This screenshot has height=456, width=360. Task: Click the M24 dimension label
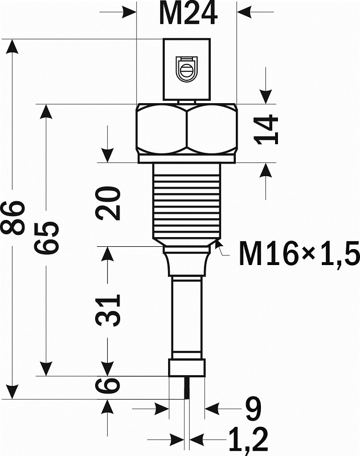click(x=189, y=14)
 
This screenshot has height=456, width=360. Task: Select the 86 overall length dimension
click(x=12, y=218)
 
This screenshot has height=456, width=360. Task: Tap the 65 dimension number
click(x=47, y=238)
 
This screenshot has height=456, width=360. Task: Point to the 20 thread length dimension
click(x=108, y=203)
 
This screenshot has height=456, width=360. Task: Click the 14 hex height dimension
click(x=266, y=129)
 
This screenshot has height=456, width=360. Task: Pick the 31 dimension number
click(x=108, y=310)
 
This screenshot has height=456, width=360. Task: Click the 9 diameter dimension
click(x=253, y=409)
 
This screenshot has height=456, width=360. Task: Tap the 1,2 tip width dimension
click(x=248, y=441)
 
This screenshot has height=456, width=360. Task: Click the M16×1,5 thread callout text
click(x=299, y=254)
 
